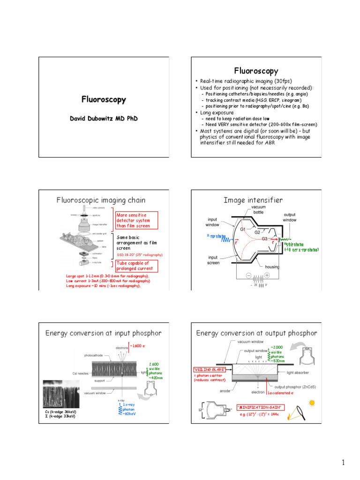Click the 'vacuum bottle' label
pos(258,210)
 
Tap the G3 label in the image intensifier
pos(265,239)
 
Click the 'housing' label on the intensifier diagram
pos(273,267)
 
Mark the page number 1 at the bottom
pos(343,463)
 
